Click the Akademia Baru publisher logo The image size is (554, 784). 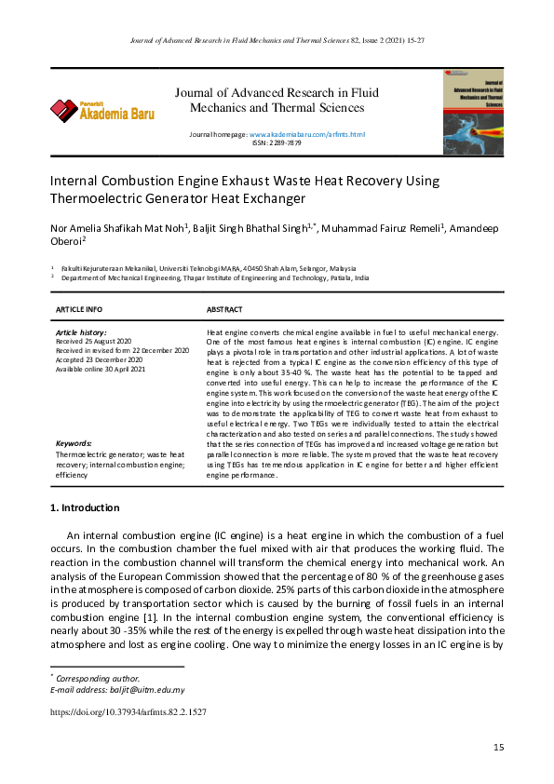click(x=102, y=111)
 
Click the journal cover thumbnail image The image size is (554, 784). click(x=473, y=106)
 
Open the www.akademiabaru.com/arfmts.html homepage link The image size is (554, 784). click(x=306, y=135)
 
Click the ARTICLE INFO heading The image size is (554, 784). click(x=79, y=309)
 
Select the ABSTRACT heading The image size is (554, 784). click(x=224, y=309)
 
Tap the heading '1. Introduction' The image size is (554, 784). click(x=84, y=507)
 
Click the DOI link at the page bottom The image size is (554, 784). click(x=128, y=711)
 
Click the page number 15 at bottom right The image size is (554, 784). click(x=498, y=748)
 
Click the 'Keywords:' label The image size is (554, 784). click(x=74, y=443)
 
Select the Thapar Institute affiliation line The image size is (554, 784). click(x=215, y=278)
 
